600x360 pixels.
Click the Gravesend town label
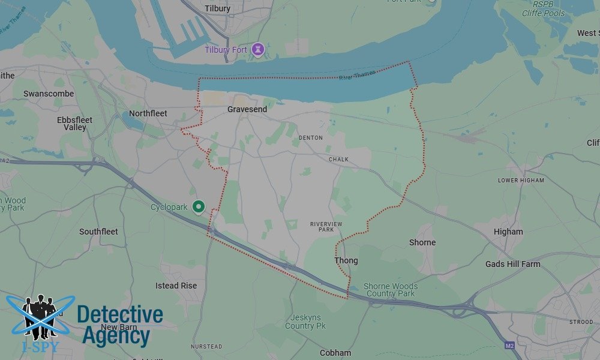[247, 109]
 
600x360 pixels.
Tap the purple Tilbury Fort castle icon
[259, 49]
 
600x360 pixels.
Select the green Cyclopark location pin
[199, 206]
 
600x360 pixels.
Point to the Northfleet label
[148, 113]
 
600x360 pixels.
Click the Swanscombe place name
[49, 94]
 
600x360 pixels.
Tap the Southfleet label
[98, 232]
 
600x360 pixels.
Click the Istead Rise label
[176, 286]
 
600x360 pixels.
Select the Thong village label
[346, 260]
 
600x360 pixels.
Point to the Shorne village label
[422, 242]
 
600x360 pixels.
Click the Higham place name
[508, 232]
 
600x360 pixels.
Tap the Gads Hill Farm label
[513, 264]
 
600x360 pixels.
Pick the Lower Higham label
[521, 180]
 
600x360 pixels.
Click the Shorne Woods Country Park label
[391, 290]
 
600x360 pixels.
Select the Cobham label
[335, 353]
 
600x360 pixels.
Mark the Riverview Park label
[326, 227]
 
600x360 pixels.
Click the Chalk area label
[338, 160]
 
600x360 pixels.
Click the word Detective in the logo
[120, 315]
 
